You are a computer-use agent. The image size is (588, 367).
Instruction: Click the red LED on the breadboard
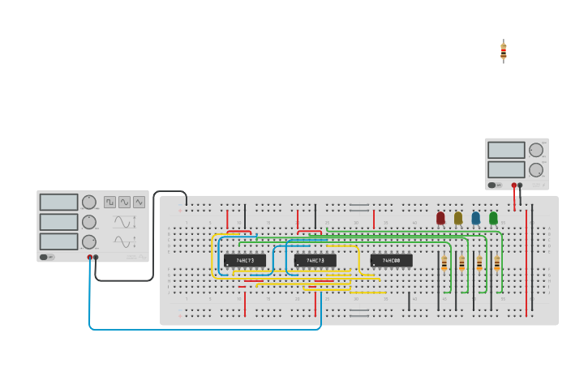(x=440, y=217)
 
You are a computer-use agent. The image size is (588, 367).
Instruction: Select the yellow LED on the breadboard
(x=458, y=217)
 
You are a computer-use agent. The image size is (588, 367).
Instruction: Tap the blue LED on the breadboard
(x=476, y=217)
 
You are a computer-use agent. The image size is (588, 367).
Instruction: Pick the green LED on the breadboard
(x=493, y=217)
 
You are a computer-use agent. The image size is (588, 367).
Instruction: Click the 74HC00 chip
(x=391, y=260)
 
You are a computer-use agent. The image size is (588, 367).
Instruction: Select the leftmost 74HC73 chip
(x=245, y=260)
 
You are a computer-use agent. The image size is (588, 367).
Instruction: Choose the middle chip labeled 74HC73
(x=315, y=260)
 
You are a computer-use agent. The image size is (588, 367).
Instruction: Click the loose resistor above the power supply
(x=504, y=51)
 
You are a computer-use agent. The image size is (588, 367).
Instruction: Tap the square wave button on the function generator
(x=109, y=202)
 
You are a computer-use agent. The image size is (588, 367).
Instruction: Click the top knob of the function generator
(x=89, y=202)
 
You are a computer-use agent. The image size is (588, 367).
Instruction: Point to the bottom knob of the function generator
(x=89, y=241)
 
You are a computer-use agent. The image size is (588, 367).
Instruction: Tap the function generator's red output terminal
(x=90, y=258)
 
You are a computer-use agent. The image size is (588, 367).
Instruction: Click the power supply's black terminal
(x=520, y=186)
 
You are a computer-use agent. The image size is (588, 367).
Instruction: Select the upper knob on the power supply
(x=536, y=150)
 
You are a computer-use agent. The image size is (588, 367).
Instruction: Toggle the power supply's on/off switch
(x=494, y=185)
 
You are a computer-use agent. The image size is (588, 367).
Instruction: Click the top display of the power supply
(x=506, y=150)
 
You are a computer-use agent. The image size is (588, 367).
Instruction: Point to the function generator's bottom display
(x=58, y=241)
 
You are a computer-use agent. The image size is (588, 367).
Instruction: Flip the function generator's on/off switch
(x=47, y=258)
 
